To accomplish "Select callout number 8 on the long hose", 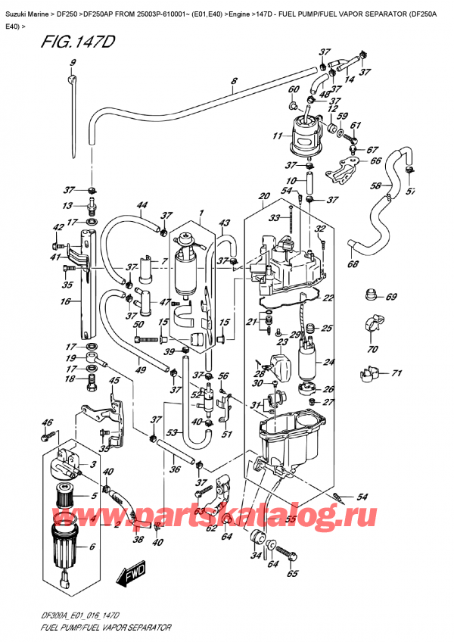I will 234,81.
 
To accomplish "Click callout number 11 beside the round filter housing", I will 277,137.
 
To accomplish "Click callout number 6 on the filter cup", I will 92,547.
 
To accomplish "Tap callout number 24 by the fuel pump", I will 328,361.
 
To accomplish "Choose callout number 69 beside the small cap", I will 390,297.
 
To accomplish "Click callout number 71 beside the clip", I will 395,373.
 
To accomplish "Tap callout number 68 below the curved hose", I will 352,264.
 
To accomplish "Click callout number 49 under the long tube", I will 141,369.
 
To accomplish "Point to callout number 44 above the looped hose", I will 141,205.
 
